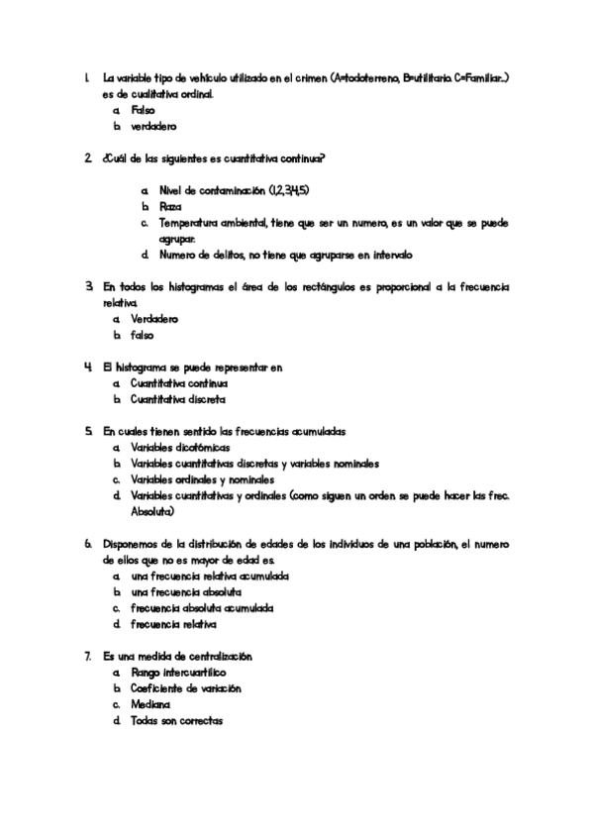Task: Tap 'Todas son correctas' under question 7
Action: [176, 721]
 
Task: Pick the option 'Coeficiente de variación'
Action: [185, 688]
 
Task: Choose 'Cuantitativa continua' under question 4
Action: [179, 383]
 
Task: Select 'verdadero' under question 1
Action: [153, 127]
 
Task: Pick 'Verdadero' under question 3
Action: [153, 319]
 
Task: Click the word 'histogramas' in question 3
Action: [194, 287]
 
